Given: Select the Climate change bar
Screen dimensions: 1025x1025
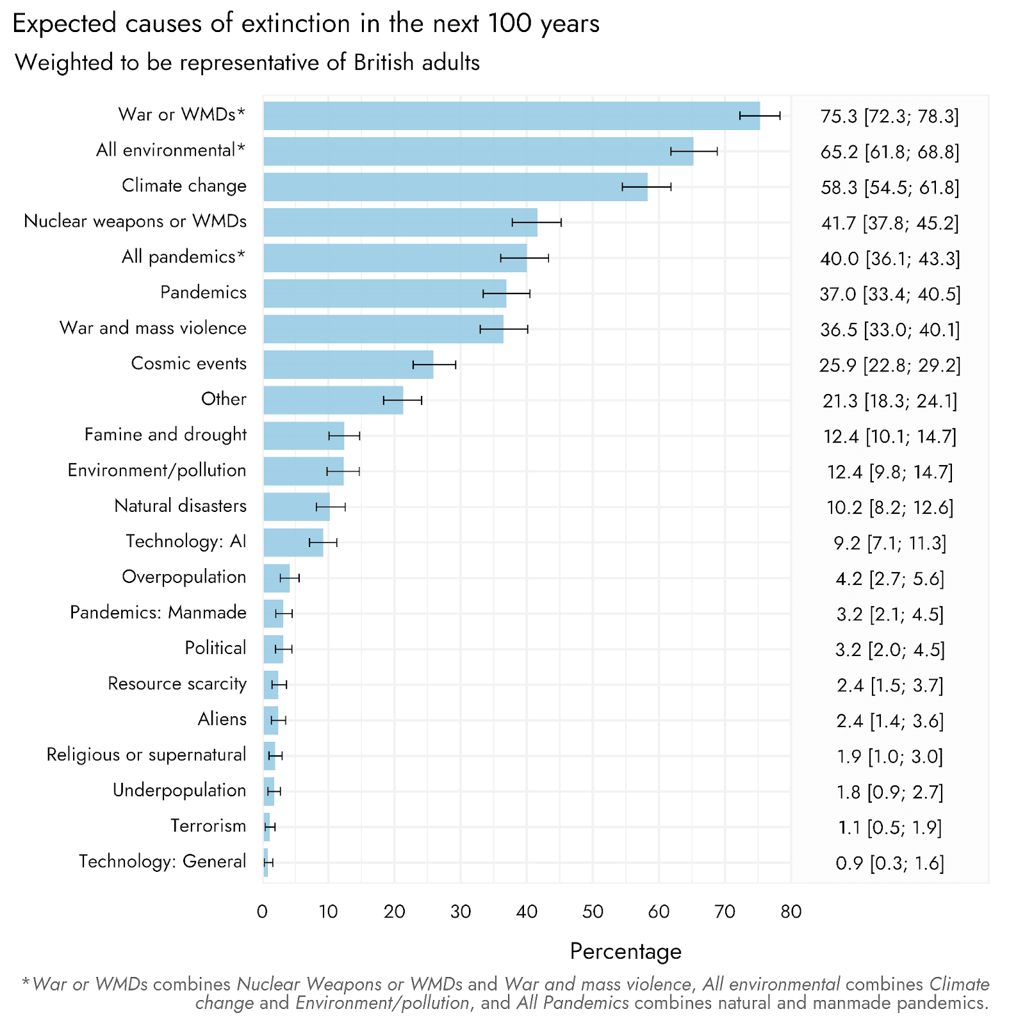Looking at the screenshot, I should click(455, 187).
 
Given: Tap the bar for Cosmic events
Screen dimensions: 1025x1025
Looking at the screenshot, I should click(348, 365).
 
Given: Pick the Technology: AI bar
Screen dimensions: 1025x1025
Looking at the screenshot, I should click(293, 543).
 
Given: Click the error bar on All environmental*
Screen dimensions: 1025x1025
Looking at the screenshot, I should click(694, 151).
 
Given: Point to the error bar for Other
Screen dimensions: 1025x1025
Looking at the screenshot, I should click(402, 400).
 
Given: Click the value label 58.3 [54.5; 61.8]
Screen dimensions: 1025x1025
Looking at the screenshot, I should click(890, 188).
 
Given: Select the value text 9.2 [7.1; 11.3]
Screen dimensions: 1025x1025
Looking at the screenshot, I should click(890, 543).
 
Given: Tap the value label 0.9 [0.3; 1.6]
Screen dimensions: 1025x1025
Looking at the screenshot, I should click(890, 864).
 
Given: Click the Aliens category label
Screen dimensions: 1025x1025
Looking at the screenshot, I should click(222, 719).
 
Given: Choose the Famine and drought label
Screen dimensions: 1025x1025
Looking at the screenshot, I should click(165, 435).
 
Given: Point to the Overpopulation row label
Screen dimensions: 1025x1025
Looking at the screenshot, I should click(184, 577).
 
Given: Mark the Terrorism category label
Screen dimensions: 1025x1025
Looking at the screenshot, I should click(208, 826).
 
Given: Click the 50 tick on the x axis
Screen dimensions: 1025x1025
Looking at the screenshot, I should click(593, 912).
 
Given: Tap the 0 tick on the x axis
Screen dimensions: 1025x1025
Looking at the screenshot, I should click(263, 912).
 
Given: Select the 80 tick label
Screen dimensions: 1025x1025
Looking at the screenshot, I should click(791, 912).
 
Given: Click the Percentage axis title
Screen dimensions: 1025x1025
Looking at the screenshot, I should click(625, 951).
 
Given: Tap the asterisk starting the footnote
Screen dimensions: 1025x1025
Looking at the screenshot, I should click(26, 983).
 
